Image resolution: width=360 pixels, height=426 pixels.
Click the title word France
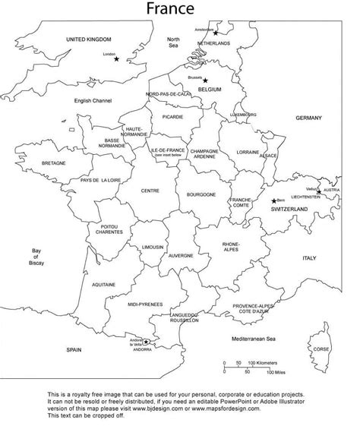point(180,10)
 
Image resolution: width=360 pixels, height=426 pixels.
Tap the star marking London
point(116,58)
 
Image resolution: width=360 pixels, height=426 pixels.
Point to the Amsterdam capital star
point(215,33)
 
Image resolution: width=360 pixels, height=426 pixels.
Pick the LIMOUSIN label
point(153,248)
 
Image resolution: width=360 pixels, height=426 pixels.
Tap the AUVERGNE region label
point(181,256)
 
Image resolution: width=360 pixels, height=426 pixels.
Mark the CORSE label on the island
point(322,349)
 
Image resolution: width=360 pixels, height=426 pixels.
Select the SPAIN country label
point(74,350)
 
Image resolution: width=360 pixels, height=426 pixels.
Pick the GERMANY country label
point(308,119)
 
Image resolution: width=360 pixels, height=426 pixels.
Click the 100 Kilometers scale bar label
point(265,363)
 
